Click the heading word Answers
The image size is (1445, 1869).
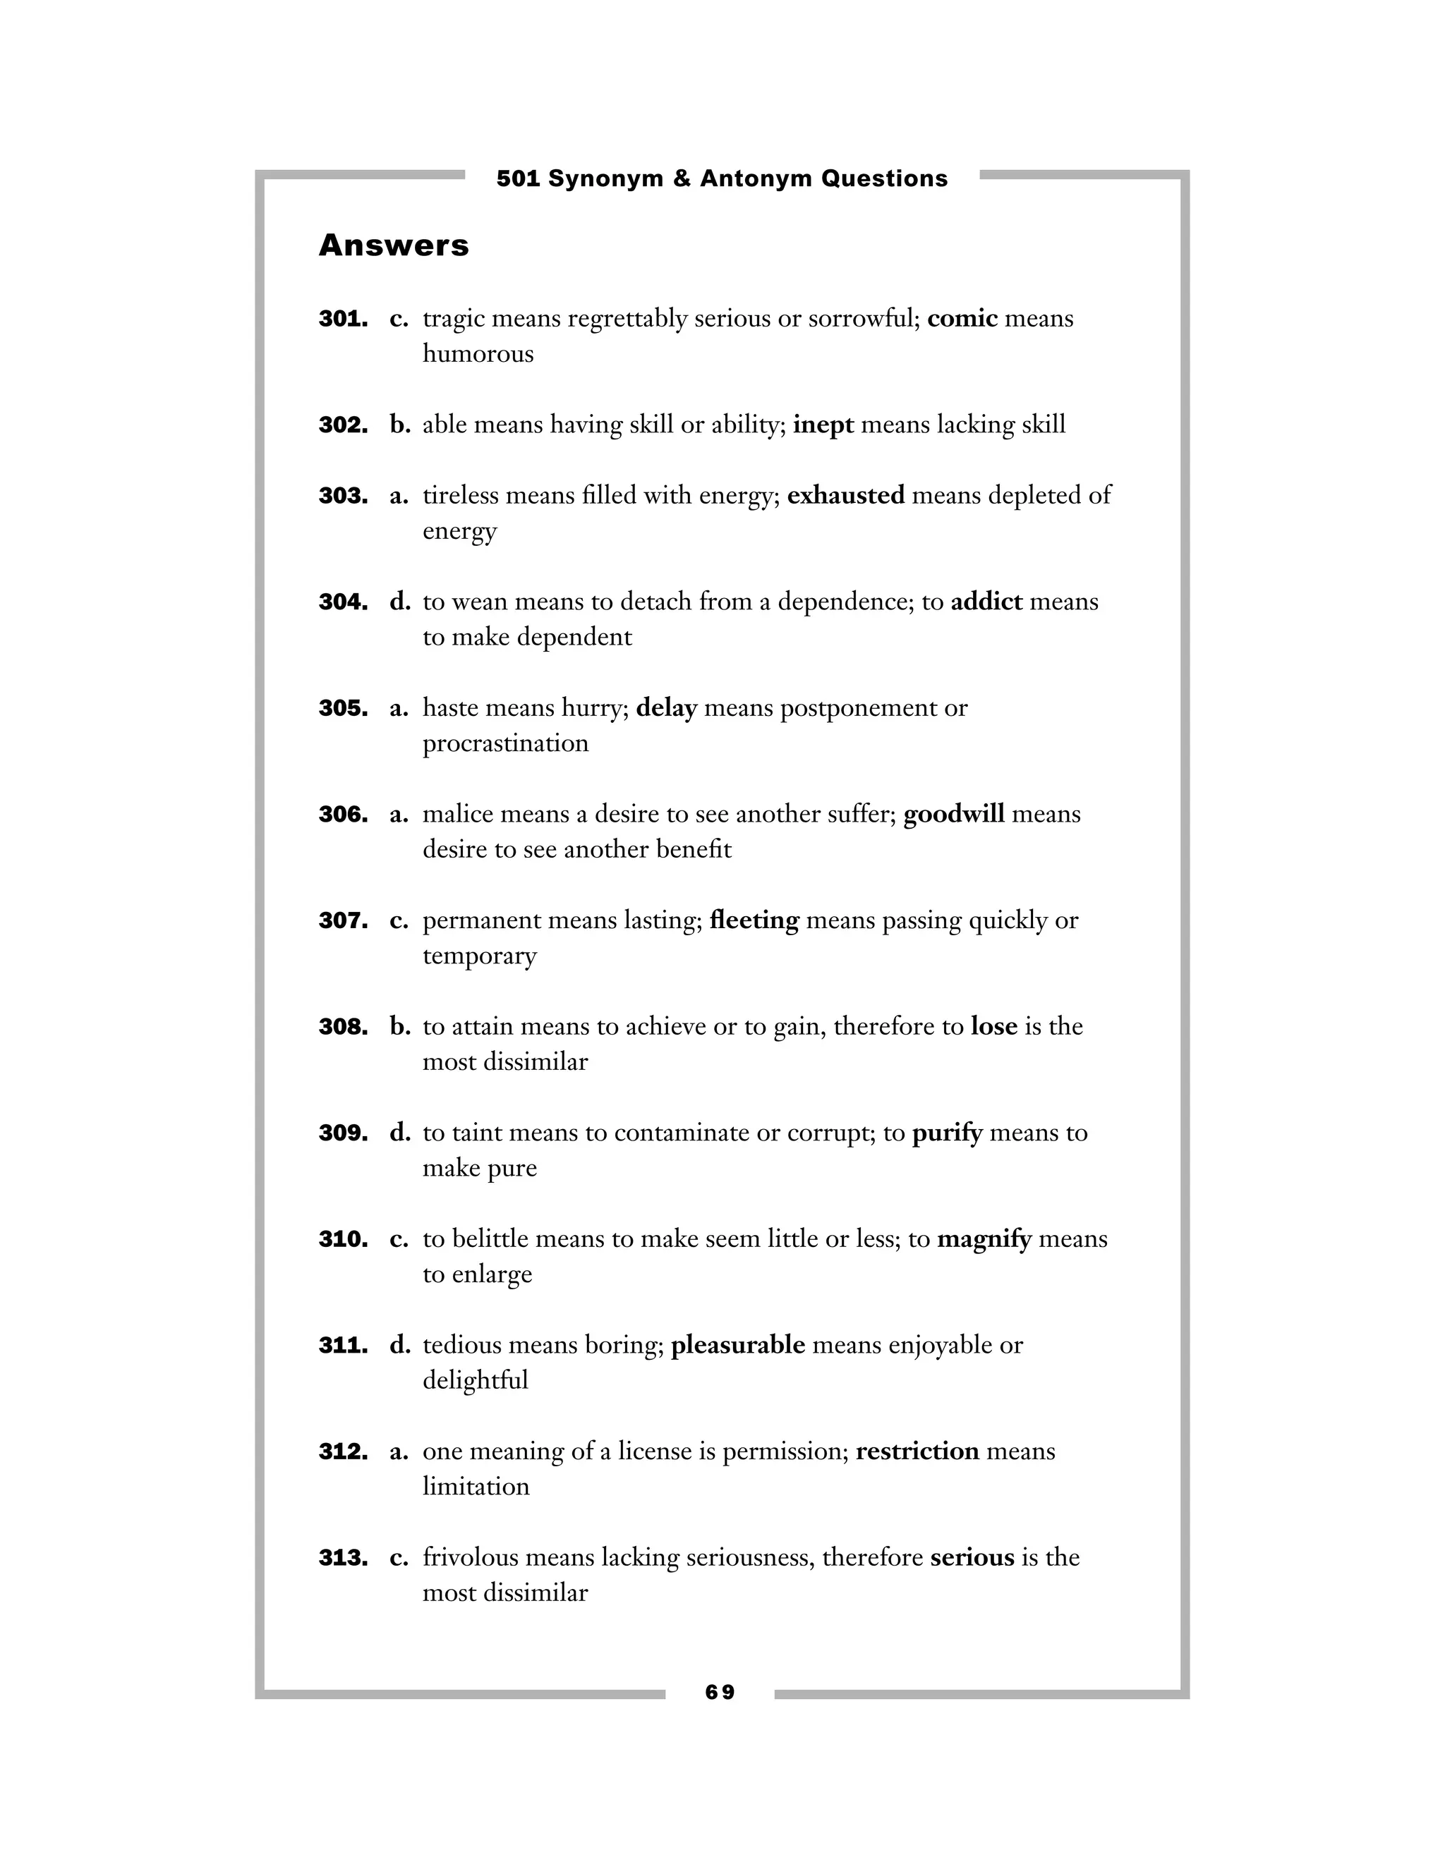pos(394,245)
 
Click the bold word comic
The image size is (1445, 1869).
pos(962,318)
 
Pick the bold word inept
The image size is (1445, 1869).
pos(823,425)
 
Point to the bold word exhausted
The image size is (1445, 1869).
pos(845,496)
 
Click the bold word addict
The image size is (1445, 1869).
pos(986,602)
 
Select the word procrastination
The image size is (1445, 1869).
pos(505,743)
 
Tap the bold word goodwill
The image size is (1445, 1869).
pos(954,814)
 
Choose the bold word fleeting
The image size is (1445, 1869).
pos(754,920)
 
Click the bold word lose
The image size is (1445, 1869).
pos(994,1026)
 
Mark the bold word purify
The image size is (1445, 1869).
pos(947,1133)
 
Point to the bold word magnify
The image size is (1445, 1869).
pos(984,1239)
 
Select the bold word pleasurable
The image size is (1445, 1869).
pos(738,1345)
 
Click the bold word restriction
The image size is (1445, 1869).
pos(917,1451)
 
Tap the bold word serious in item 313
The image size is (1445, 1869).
pos(972,1557)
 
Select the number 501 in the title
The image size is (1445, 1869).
pos(518,179)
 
